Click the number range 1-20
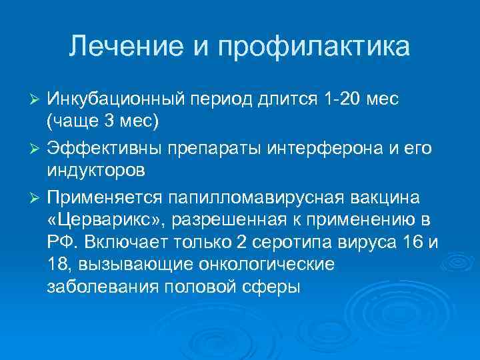(341, 99)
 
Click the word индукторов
(95, 170)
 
